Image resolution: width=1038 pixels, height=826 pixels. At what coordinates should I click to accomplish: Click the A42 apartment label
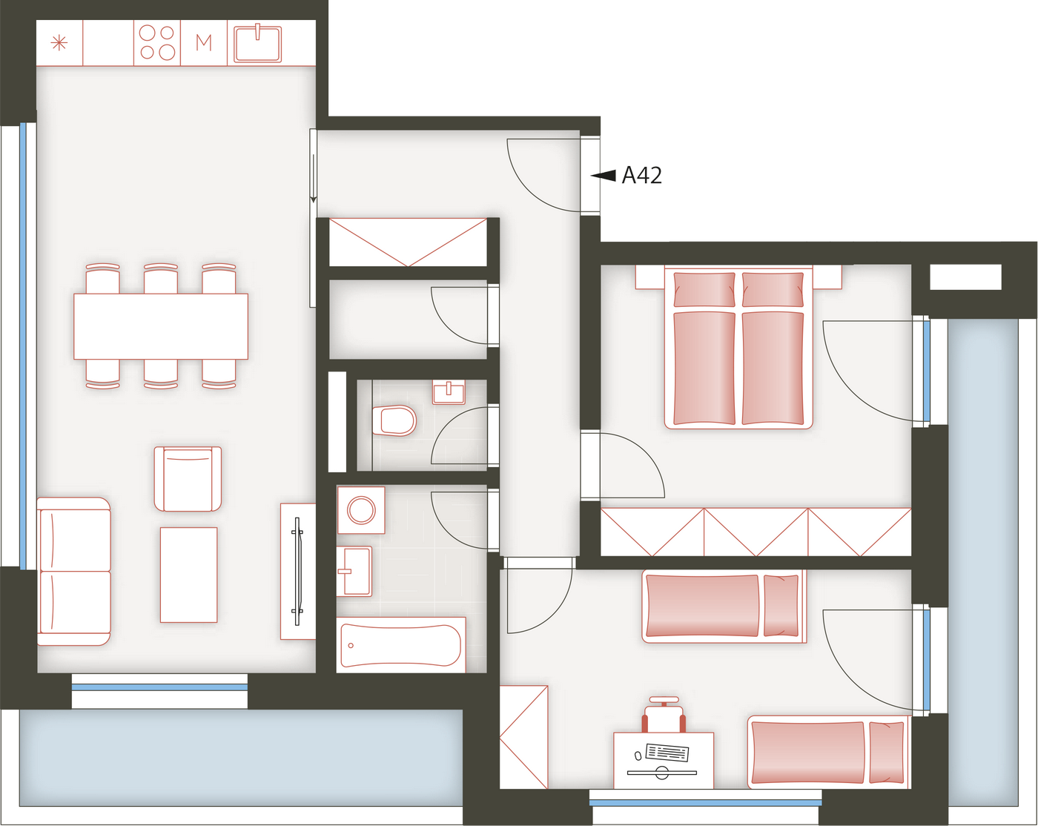coord(641,175)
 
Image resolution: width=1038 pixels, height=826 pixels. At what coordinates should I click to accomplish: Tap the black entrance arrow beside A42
coord(604,176)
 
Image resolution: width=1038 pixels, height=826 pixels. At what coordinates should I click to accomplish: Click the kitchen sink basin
coord(257,44)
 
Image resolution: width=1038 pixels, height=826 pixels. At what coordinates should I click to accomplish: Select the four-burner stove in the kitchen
coord(156,42)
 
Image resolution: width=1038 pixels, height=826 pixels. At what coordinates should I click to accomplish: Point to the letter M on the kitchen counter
coord(204,43)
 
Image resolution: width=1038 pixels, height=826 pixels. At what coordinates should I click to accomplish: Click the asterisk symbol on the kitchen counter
coord(59,43)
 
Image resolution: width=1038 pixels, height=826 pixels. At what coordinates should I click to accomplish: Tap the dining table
coord(161,326)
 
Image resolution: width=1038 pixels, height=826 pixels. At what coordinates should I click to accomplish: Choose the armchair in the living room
coord(188,478)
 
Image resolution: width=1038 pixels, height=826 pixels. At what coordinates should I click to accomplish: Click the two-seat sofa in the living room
coord(74,571)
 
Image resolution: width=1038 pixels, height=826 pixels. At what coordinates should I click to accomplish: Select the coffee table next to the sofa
coord(188,575)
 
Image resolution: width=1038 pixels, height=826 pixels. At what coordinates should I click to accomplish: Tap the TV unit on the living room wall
coord(298,571)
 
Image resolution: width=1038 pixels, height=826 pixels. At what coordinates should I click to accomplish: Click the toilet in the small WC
coord(394,420)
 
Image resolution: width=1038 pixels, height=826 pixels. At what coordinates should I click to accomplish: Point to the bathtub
coord(401,645)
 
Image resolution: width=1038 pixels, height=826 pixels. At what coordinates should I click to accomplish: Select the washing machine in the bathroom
coord(361,510)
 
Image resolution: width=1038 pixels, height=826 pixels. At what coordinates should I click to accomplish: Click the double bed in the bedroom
coord(738,348)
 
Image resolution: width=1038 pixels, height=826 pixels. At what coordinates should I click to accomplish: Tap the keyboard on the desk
coord(667,752)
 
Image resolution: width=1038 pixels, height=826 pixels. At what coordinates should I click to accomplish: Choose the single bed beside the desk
coord(829,752)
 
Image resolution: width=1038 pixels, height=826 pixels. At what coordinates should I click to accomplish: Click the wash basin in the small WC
coord(449,391)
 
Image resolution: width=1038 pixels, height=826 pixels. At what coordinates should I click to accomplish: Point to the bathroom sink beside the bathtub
coord(354,571)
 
